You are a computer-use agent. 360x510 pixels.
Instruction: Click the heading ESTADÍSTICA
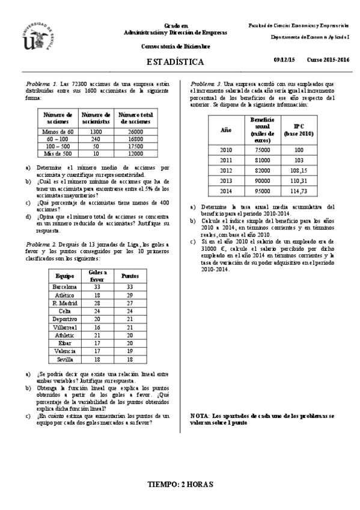pos(175,62)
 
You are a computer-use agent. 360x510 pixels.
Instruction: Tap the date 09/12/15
pos(284,61)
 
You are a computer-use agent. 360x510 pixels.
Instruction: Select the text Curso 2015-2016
pos(328,61)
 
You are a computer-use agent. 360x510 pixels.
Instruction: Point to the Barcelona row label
pos(66,287)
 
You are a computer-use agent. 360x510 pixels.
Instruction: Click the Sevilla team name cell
pos(66,358)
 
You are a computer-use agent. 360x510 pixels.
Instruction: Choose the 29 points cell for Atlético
pos(127,295)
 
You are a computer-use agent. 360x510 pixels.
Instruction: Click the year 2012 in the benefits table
pos(226,170)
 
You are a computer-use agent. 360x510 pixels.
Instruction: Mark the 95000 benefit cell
pos(262,191)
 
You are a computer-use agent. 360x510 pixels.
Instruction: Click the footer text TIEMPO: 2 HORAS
pos(180,484)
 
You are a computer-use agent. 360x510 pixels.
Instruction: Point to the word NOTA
pos(198,416)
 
